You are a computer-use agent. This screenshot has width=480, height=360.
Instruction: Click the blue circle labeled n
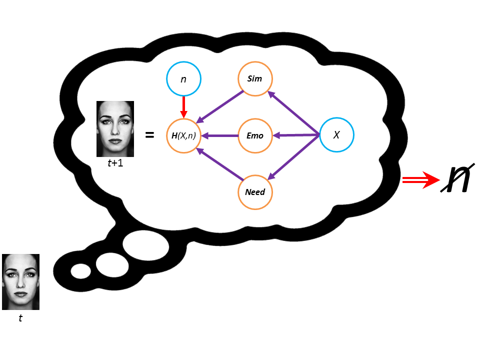click(183, 79)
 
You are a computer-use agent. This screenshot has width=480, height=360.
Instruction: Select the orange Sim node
click(255, 78)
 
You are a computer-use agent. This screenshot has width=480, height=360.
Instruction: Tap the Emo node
click(255, 135)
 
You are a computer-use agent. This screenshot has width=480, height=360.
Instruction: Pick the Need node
click(255, 191)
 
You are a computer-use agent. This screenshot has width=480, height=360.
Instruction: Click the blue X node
click(336, 135)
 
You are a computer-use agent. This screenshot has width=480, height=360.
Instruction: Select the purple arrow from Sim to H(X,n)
click(220, 106)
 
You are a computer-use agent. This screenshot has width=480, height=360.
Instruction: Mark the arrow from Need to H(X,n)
click(220, 164)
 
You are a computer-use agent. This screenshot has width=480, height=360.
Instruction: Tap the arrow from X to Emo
click(296, 135)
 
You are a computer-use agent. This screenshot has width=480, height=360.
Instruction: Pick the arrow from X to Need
click(295, 157)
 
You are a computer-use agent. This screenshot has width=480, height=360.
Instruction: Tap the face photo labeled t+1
click(115, 129)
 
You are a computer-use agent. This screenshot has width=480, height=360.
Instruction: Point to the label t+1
click(115, 164)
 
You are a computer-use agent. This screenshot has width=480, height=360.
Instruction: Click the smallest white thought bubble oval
click(80, 270)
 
